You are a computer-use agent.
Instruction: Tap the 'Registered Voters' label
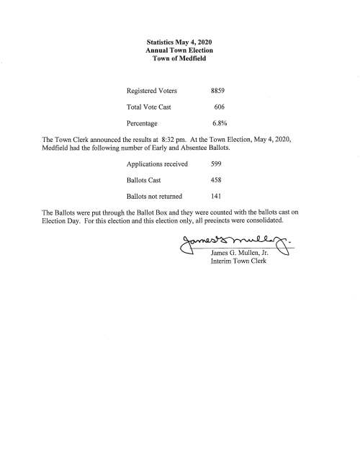[153, 92]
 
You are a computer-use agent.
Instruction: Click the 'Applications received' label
[158, 164]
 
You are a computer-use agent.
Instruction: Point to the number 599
[216, 164]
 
